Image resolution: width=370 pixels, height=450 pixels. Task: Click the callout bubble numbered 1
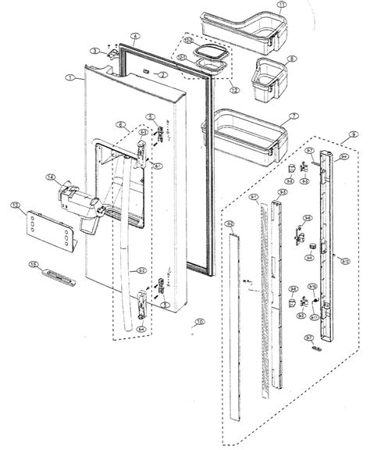coord(70,78)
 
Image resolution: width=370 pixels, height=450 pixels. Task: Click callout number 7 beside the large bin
coord(294,116)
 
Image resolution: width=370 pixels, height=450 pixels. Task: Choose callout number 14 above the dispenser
coord(49,178)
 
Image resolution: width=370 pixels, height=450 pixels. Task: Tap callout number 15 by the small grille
coord(33,266)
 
